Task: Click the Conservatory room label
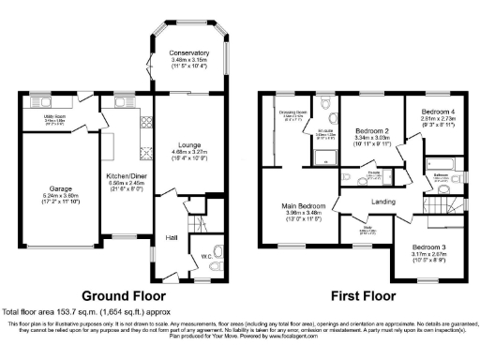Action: (183, 52)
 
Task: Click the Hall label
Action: (172, 237)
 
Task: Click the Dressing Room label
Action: (291, 112)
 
